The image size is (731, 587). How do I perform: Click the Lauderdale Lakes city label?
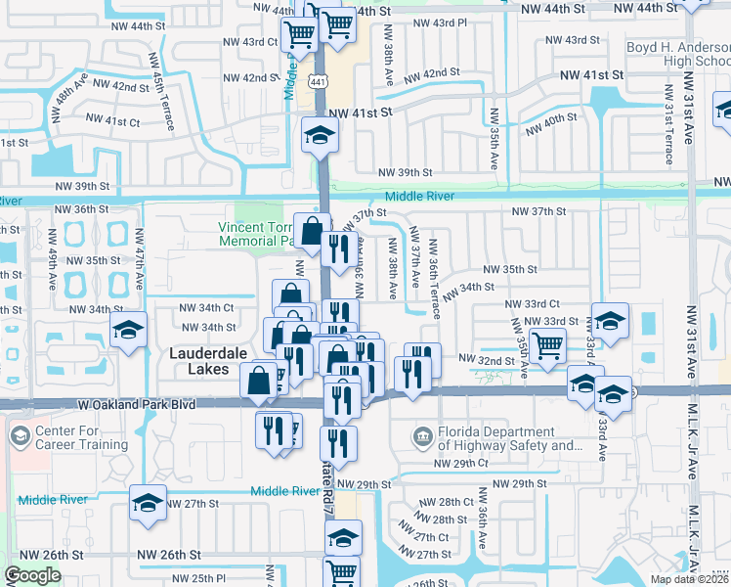198,361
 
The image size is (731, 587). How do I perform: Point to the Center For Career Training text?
82,437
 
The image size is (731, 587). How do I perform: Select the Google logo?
32,576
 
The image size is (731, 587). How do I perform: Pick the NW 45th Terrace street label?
162,93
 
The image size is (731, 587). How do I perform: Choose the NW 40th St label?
552,124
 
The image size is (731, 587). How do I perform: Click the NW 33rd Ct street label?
533,304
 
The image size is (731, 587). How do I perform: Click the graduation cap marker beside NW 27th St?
148,503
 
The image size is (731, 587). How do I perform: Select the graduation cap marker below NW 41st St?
318,135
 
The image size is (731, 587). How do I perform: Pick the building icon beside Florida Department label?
423,435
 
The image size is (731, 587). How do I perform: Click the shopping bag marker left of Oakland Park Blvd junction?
260,381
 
